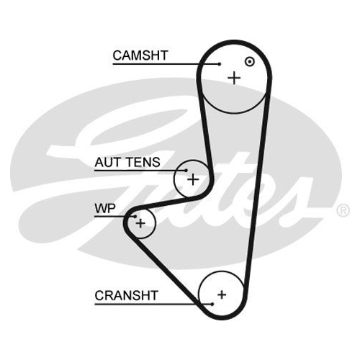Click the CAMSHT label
point(140,55)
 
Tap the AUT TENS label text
point(127,162)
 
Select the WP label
point(105,208)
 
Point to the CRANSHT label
point(126,295)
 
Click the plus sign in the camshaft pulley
point(234,78)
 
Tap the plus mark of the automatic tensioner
point(193,179)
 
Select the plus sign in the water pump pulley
point(140,223)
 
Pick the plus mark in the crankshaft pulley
point(222,294)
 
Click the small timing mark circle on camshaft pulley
point(250,62)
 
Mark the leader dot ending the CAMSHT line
point(220,64)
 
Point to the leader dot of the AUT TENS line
point(186,171)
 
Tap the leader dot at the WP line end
point(135,216)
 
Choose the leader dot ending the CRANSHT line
point(212,304)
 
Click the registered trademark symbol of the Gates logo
point(343,210)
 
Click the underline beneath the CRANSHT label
point(153,305)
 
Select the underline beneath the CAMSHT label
point(166,64)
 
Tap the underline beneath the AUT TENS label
point(140,171)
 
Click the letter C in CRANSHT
point(99,295)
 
